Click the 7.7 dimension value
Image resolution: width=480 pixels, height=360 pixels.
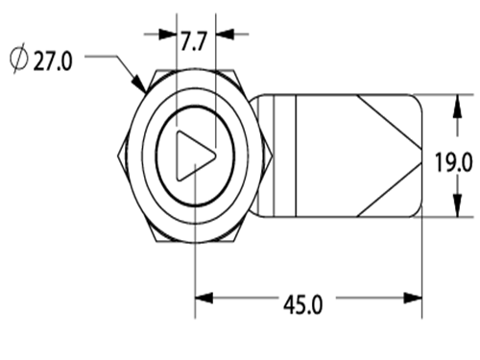(x=194, y=41)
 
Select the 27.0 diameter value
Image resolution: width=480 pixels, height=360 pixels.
(x=53, y=60)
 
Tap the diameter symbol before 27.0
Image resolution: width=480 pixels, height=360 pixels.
(x=19, y=59)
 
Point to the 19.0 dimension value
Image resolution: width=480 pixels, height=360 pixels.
(x=453, y=162)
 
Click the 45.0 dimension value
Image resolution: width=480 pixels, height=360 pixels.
(x=303, y=304)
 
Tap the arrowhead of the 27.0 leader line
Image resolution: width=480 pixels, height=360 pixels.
(x=140, y=84)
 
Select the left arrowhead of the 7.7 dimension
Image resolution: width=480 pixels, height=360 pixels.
(x=168, y=35)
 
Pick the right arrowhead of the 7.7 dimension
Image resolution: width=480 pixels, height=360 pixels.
(x=225, y=35)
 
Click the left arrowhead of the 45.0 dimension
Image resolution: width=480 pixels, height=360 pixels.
(x=204, y=299)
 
